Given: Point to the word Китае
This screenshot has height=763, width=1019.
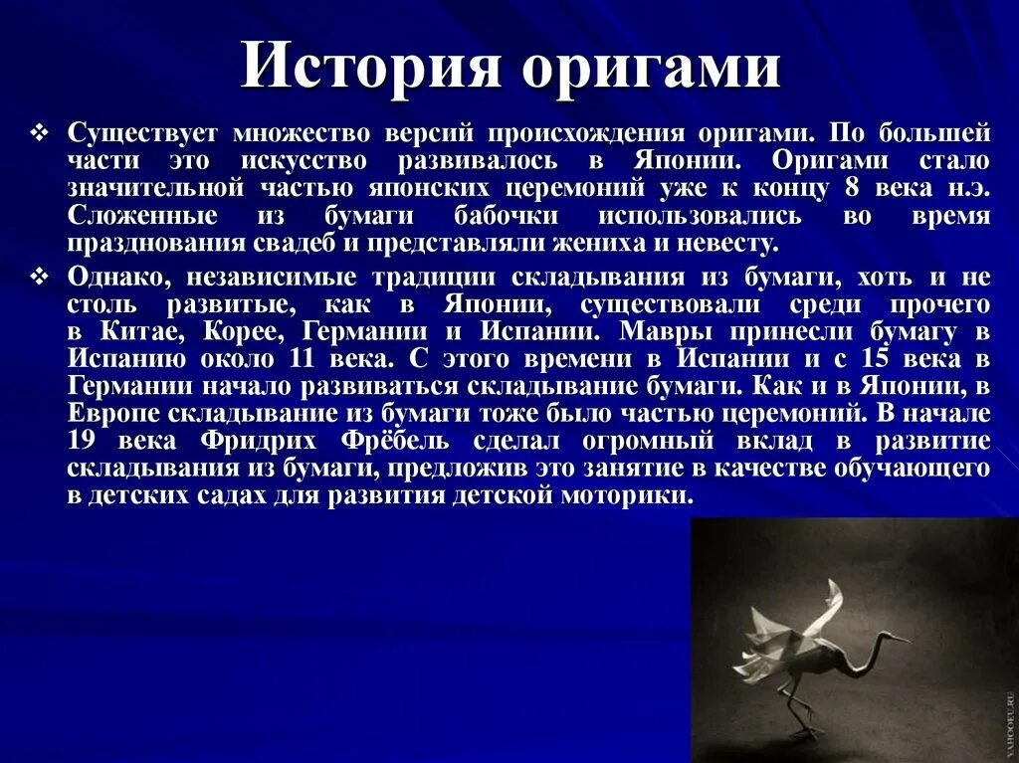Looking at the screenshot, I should click(142, 331).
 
